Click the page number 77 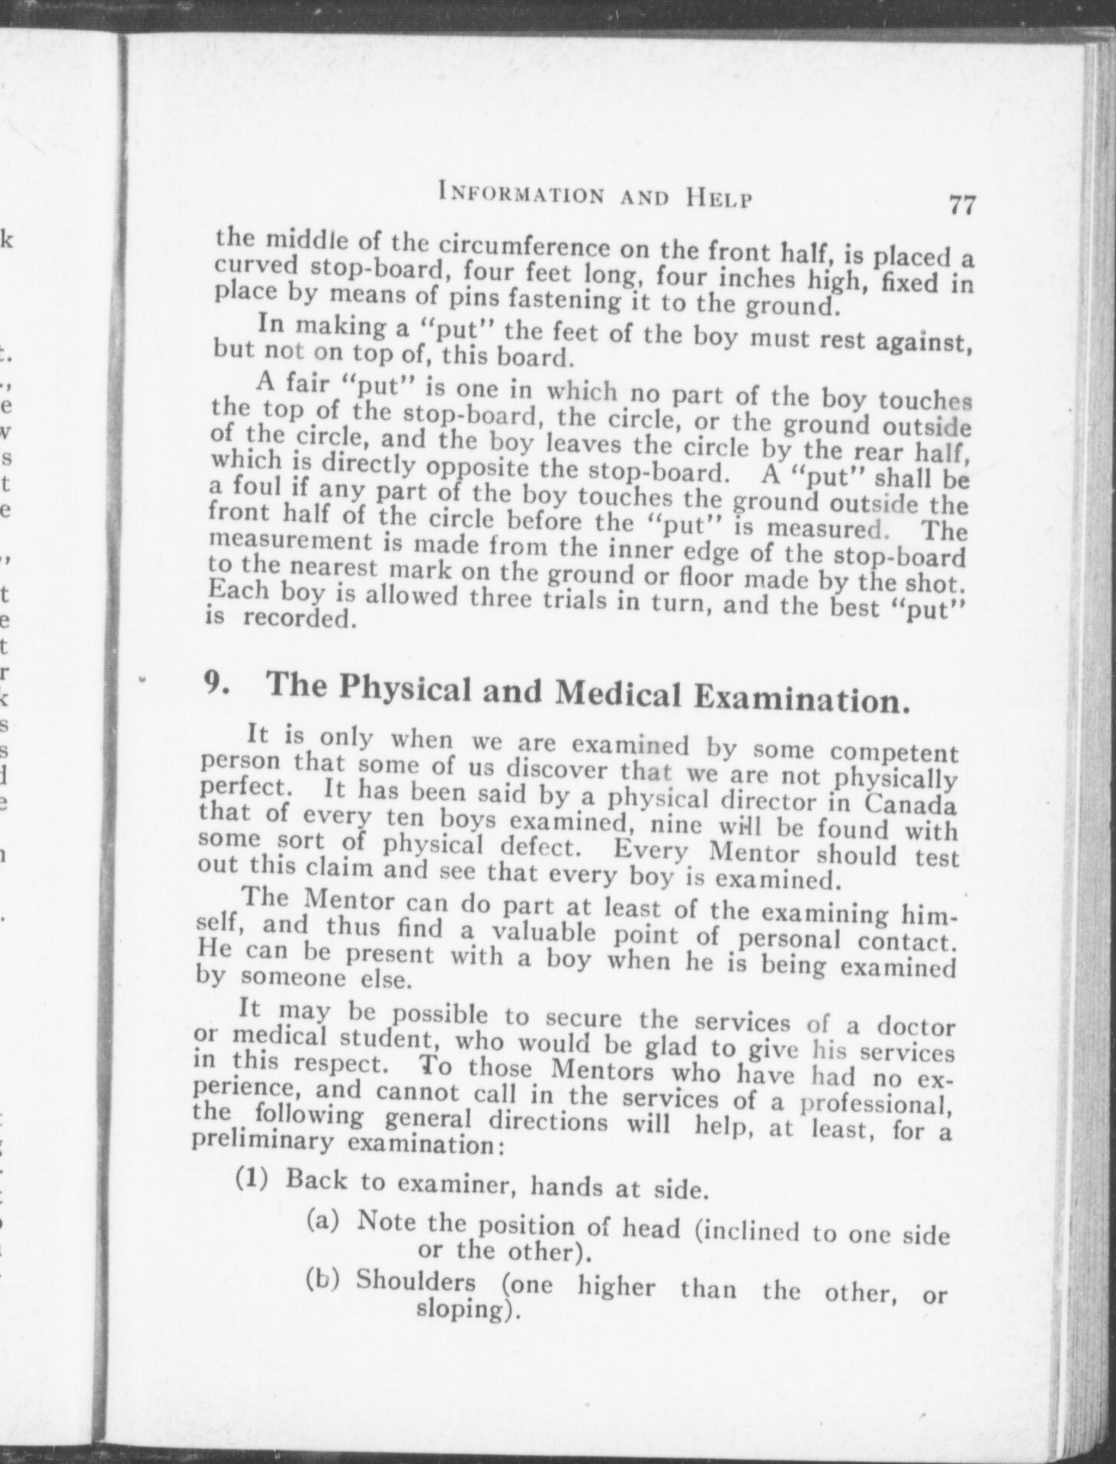coord(961,204)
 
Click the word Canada coord(911,804)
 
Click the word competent coord(893,753)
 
